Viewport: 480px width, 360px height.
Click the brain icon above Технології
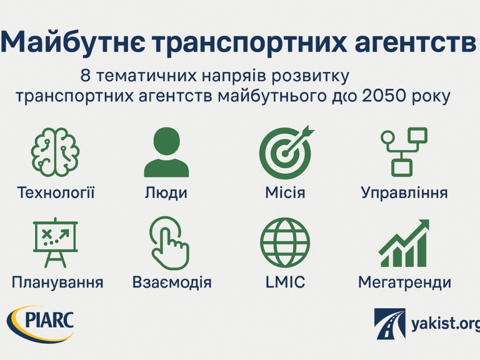click(55, 152)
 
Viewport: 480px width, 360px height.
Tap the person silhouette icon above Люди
click(166, 152)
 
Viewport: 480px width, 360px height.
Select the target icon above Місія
click(286, 152)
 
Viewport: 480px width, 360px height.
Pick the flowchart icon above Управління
click(404, 152)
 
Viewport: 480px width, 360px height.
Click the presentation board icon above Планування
click(56, 242)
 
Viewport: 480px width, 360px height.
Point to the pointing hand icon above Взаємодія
click(169, 243)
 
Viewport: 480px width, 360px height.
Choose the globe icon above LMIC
click(285, 242)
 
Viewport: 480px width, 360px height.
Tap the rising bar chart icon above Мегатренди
click(404, 242)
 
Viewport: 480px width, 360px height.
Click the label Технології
click(56, 192)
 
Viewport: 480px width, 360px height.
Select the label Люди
click(166, 193)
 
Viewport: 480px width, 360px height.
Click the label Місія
click(285, 192)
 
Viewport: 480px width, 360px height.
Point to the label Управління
click(404, 193)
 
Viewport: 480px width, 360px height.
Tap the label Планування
click(57, 282)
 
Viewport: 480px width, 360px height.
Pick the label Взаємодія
click(172, 282)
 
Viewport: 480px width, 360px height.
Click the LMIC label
click(285, 282)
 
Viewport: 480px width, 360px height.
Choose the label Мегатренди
click(405, 282)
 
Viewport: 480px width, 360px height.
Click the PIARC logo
click(41, 324)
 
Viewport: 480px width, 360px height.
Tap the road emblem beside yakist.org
click(390, 324)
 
